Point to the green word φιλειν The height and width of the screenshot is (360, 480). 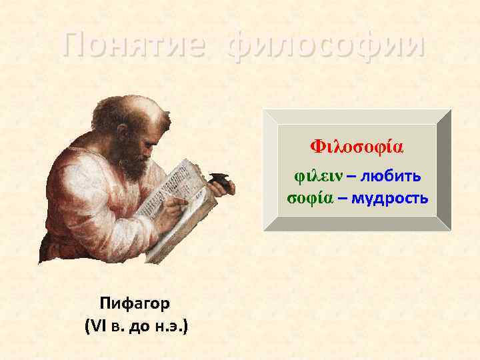(x=316, y=175)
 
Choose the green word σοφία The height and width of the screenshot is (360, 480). (x=310, y=198)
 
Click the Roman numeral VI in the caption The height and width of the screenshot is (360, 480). (x=97, y=327)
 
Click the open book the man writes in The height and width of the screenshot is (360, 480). (x=187, y=200)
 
